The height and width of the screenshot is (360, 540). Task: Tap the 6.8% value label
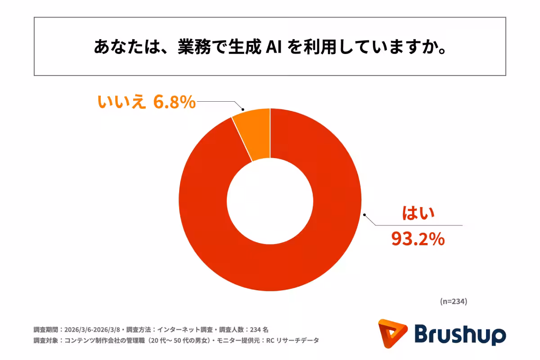tap(175, 103)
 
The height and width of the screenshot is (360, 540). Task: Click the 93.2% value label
tap(418, 239)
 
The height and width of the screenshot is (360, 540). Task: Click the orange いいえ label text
tap(121, 103)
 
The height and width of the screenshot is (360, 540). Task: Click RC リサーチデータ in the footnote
tap(297, 341)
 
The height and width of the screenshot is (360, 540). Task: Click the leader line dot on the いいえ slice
tap(243, 109)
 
